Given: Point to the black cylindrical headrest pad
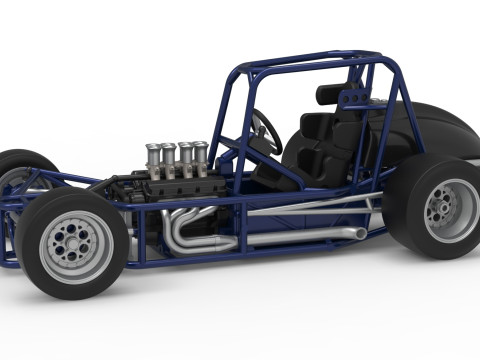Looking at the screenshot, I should click(x=330, y=95).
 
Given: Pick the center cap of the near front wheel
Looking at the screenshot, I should click(x=75, y=242).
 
